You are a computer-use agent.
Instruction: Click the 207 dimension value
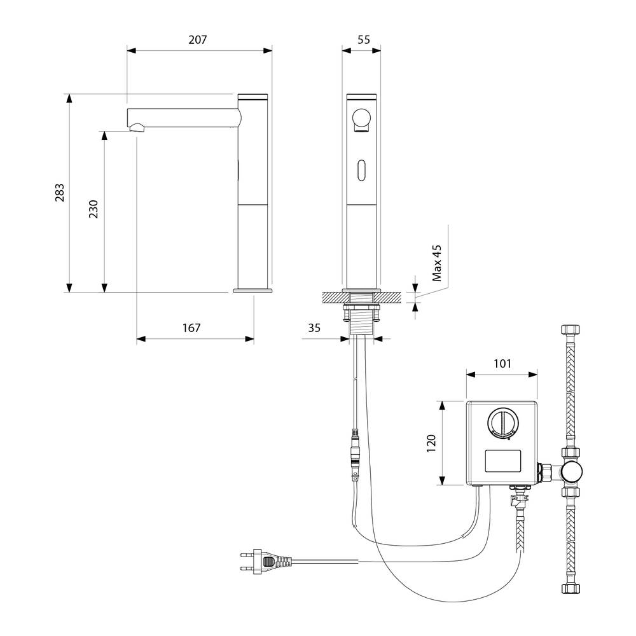(x=198, y=39)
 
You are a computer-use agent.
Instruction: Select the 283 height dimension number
(x=59, y=193)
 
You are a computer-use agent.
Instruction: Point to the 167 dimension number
(x=191, y=328)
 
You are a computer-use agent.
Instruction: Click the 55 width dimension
(x=363, y=39)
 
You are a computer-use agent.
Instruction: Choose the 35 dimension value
(x=314, y=328)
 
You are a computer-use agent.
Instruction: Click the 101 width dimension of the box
(x=502, y=364)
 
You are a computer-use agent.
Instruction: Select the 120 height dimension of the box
(x=432, y=443)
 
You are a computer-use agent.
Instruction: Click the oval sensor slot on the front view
(x=363, y=170)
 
